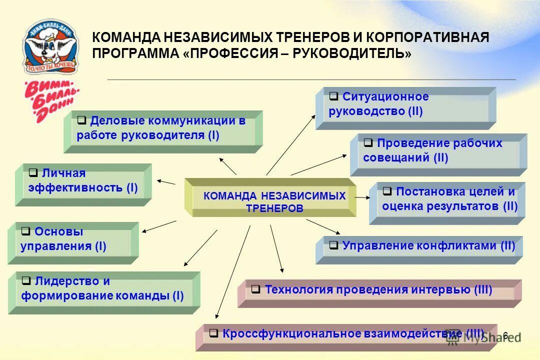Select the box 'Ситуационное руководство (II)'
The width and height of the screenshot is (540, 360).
[405, 107]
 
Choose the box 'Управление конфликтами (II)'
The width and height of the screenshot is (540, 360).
[419, 248]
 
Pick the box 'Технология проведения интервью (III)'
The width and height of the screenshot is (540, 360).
[379, 292]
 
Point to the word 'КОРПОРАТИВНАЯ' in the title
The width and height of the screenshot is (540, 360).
[427, 37]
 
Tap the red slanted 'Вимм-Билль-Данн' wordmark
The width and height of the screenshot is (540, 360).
[50, 100]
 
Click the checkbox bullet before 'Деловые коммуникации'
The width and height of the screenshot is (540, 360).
[82, 120]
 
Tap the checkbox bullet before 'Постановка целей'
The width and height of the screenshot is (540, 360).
[387, 191]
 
